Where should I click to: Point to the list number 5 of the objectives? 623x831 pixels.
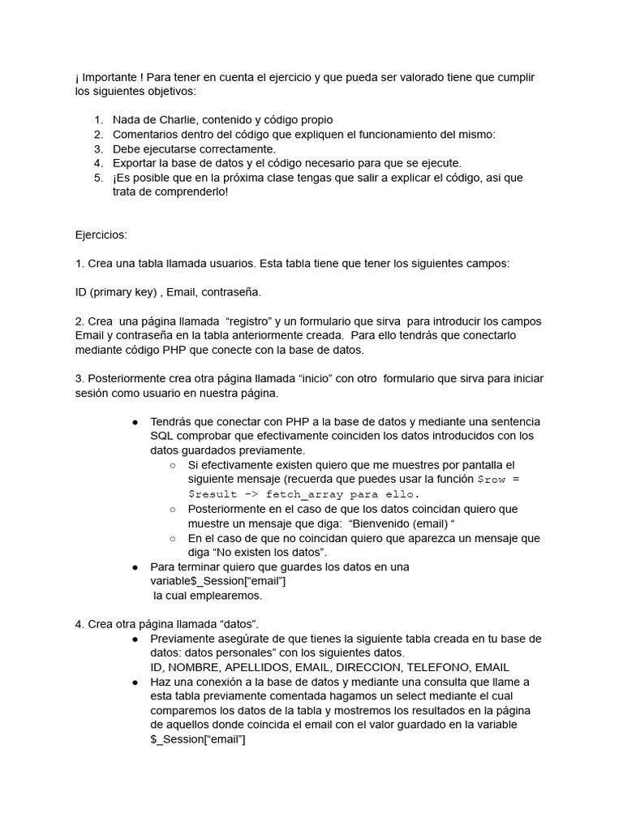97,178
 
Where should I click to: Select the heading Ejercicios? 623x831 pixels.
101,235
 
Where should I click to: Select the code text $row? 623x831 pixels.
493,480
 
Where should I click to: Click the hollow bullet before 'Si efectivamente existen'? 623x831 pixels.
173,466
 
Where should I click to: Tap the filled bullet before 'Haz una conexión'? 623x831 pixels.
135,682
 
